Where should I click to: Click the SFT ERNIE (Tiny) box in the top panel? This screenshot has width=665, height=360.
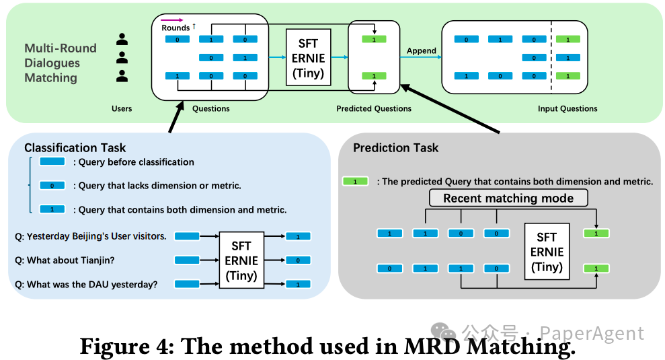pos(309,57)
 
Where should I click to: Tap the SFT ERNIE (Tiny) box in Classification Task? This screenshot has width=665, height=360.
pos(241,260)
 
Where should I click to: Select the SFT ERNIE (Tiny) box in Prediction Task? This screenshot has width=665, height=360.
pos(547,252)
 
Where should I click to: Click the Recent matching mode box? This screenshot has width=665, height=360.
pos(508,198)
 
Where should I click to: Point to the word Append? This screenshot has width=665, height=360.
pos(422,50)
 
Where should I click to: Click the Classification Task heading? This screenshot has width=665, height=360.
pos(75,148)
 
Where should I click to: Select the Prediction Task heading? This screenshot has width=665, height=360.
pos(395,148)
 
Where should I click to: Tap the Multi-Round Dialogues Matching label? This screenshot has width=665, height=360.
pos(61,63)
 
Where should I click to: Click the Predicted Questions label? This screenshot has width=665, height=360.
pos(373,108)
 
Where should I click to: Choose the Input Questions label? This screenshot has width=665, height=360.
pos(567,108)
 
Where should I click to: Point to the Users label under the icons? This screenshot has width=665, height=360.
pos(122,108)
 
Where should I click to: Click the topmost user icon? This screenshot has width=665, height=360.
pos(122,40)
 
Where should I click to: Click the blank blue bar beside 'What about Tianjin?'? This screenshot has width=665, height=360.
pos(188,260)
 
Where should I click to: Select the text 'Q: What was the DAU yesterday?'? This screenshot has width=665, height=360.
pos(86,285)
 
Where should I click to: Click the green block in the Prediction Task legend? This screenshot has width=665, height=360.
pos(355,182)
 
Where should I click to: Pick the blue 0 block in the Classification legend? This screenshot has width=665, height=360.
pos(52,186)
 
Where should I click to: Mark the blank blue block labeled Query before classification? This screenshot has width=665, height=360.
pos(52,162)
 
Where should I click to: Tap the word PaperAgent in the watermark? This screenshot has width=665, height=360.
pos(592,333)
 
